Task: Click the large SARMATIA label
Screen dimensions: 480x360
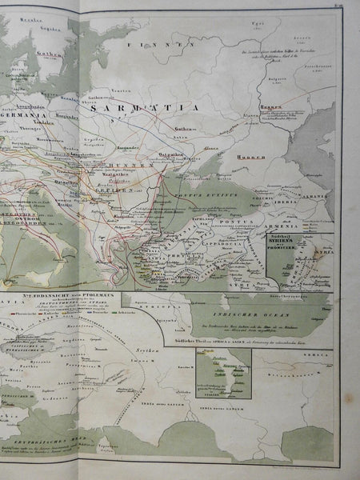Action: coord(156,105)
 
